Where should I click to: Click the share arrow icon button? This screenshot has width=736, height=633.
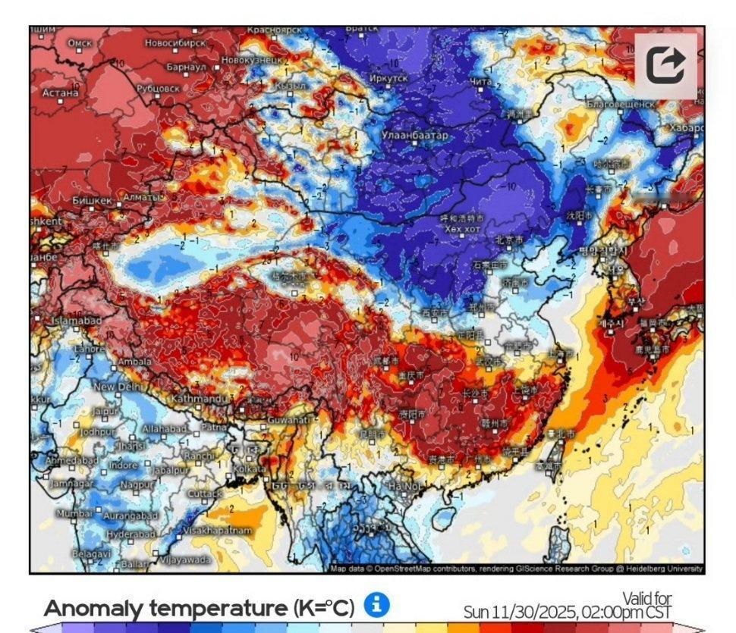665,66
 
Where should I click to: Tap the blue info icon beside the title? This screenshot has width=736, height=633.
376,605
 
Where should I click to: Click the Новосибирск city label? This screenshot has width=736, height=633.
175,43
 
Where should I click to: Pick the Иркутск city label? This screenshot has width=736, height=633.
388,78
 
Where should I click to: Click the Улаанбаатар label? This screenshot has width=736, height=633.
415,135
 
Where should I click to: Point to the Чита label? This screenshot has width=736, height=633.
482,81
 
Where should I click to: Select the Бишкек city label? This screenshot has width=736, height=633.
92,201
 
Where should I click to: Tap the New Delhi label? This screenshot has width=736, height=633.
119,387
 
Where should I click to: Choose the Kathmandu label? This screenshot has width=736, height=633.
195,398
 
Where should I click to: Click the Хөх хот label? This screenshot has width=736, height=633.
463,228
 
